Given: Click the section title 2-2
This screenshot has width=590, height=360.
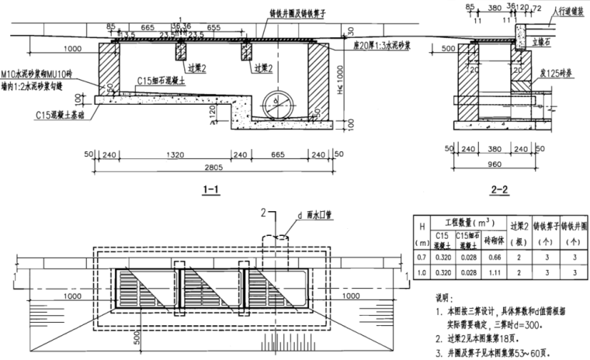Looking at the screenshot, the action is [x=499, y=188].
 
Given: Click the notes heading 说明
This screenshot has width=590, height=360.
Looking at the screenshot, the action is [x=441, y=298].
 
